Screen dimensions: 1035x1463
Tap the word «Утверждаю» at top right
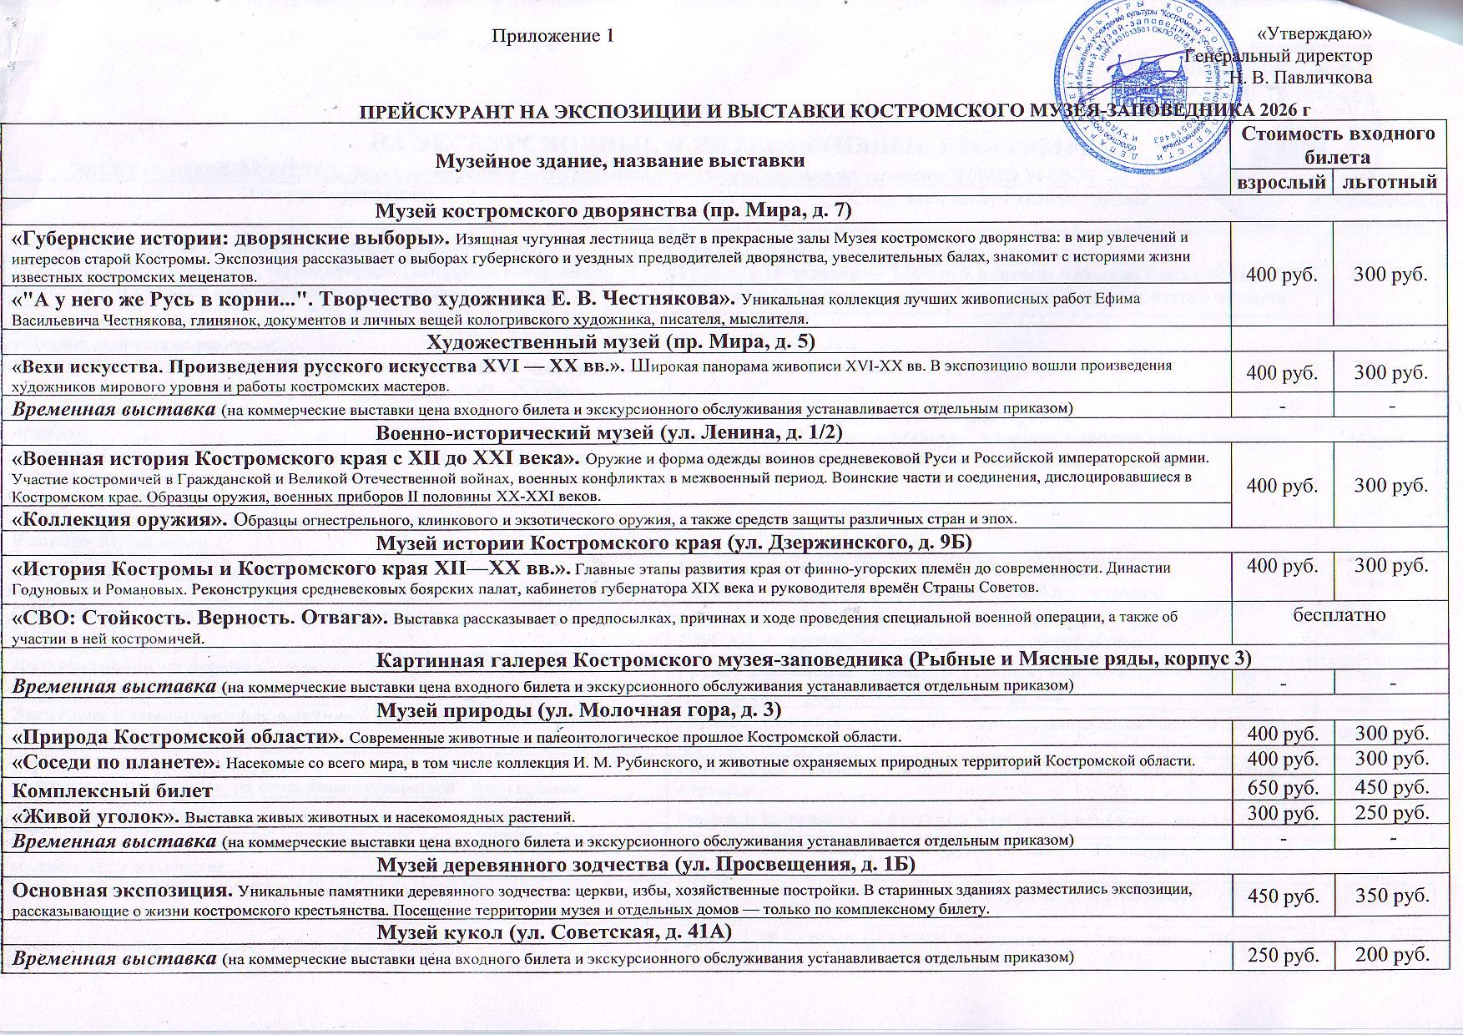pos(1314,34)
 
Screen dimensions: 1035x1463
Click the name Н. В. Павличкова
pos(1302,78)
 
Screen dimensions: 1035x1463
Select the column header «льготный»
pos(1390,182)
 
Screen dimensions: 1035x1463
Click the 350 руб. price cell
pos(1390,896)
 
